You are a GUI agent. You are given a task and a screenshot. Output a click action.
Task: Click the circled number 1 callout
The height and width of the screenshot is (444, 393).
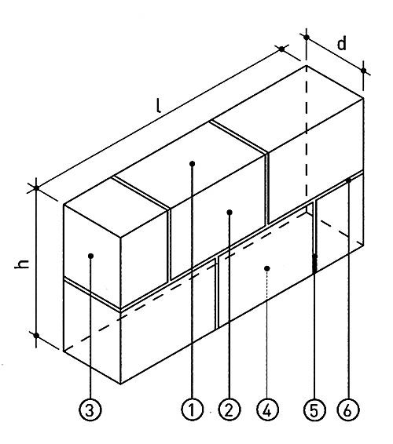pos(193,409)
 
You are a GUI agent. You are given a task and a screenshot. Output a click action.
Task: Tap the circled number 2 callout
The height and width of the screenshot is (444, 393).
pos(230,409)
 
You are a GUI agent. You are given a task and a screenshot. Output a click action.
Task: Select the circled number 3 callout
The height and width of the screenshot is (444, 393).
pos(90,409)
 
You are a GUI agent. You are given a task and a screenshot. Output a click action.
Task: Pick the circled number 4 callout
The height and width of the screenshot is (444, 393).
pos(267,409)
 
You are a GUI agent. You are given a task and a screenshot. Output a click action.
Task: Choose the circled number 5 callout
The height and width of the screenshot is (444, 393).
pos(314,409)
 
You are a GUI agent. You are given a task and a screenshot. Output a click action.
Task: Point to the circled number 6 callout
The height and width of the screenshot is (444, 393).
pos(348,409)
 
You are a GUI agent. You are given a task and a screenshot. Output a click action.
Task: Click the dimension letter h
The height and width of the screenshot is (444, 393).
pos(22,264)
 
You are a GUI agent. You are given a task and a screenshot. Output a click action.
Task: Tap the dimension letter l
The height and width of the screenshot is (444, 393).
pos(159,106)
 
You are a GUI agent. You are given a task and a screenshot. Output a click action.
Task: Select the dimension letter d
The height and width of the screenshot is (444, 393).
pos(342,44)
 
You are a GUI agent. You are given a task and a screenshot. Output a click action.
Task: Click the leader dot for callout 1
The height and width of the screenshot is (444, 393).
pos(192,164)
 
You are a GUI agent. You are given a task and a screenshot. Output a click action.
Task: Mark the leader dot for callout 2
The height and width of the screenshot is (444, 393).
pos(230,213)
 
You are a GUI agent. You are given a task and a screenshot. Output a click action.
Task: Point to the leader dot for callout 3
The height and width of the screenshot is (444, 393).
pos(91,256)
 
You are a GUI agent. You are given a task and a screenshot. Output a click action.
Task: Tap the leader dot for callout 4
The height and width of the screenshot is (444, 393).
pos(267,268)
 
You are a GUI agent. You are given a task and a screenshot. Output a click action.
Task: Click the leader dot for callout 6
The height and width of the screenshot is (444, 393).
pos(349,180)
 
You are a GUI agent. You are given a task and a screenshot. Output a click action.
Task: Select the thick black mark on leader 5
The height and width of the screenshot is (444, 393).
pos(314,264)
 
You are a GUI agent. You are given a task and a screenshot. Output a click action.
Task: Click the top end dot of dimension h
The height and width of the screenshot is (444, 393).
pos(36,187)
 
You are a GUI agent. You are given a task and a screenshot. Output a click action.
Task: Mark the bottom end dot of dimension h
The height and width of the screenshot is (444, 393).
pos(36,335)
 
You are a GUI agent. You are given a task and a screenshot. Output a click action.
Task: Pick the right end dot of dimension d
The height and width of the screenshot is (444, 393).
pos(363,71)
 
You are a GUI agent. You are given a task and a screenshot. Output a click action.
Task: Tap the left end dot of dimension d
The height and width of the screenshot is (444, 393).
pos(307,37)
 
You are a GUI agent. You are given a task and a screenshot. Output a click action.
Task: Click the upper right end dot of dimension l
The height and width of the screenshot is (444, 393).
pos(281,49)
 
